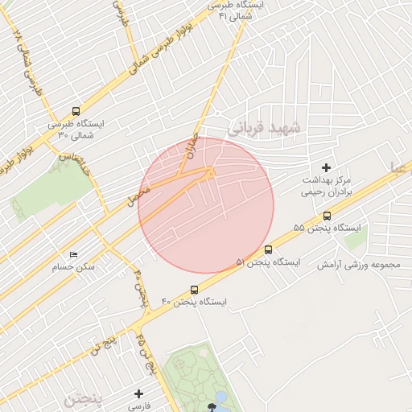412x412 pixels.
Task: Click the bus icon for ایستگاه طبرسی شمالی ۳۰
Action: point(76,112)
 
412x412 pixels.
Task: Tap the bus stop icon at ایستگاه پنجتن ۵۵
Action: point(327,216)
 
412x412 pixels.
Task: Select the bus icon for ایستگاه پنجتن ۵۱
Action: point(268,249)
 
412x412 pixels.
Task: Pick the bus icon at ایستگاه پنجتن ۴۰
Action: point(194,290)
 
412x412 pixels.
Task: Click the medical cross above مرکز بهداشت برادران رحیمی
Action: point(326,167)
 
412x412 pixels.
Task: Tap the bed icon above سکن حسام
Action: point(74,255)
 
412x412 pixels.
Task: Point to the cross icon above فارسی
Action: point(139,393)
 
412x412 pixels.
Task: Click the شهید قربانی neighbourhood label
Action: point(263,127)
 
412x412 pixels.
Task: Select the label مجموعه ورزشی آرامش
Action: point(359,264)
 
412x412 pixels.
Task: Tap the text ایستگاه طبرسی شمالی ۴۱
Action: point(233,10)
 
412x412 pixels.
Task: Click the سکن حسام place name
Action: point(73,266)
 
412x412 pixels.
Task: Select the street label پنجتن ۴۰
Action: point(140,287)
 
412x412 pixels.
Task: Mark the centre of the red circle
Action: point(206,205)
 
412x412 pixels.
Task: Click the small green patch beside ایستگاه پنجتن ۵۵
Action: point(353,239)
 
